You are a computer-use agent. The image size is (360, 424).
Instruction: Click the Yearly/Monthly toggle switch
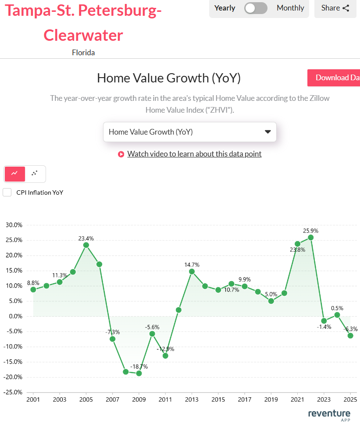[x=256, y=8]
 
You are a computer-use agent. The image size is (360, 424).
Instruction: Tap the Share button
[x=335, y=8]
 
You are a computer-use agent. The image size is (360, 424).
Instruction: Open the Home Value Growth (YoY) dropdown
[x=189, y=132]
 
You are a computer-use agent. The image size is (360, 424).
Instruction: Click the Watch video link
[x=194, y=154]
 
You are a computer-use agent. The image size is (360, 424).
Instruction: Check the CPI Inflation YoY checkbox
[x=7, y=192]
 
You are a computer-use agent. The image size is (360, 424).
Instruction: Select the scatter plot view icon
[x=35, y=174]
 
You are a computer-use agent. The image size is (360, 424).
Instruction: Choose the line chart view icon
[x=15, y=174]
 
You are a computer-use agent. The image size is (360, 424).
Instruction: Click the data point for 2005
[x=86, y=245]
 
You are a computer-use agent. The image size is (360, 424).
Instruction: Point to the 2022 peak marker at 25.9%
[x=311, y=237]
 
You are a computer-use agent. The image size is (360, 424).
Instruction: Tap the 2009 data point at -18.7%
[x=139, y=373]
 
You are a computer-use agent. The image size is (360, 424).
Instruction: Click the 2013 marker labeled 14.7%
[x=192, y=271]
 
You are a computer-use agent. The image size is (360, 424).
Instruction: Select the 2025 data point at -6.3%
[x=350, y=335]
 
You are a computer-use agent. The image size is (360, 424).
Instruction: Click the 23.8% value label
[x=297, y=250]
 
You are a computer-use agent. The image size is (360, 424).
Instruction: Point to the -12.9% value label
[x=165, y=349]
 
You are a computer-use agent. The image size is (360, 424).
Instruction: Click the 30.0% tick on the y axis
[x=14, y=225]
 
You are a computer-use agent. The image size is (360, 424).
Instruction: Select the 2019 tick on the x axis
[x=271, y=400]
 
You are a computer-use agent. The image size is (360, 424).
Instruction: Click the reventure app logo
[x=329, y=414]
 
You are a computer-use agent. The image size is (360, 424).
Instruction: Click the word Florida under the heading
[x=83, y=53]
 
